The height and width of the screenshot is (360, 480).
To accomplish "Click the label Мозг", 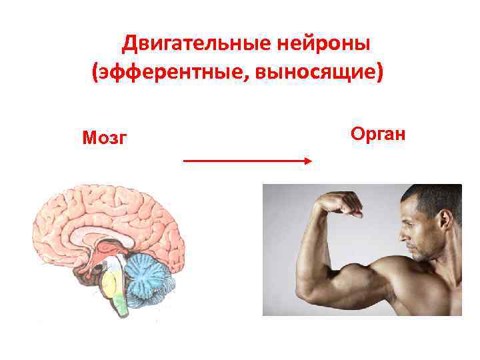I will tap(105, 138).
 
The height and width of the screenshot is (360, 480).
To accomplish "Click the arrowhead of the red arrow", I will tap(308, 161).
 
